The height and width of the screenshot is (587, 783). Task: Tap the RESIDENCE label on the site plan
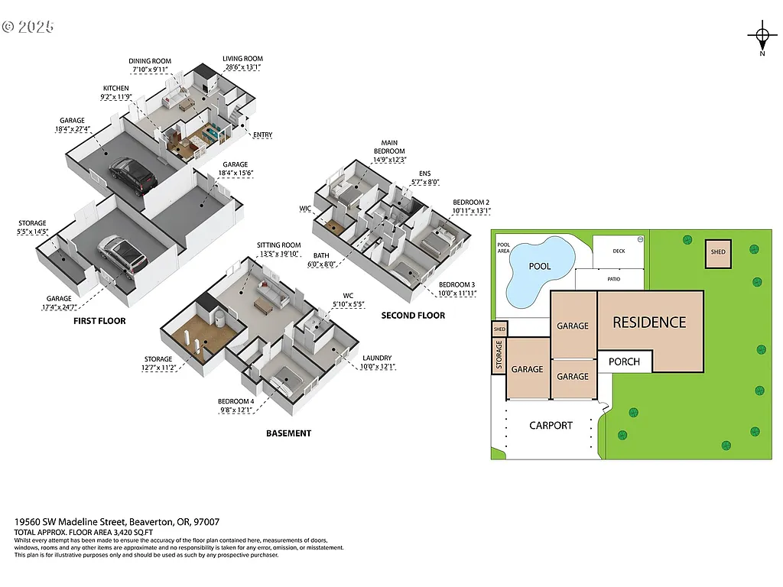(x=649, y=323)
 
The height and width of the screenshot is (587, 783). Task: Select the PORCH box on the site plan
(x=624, y=362)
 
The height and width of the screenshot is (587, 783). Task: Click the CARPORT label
(x=551, y=426)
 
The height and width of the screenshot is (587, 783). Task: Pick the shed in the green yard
(x=718, y=252)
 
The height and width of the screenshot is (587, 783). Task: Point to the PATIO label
(x=614, y=279)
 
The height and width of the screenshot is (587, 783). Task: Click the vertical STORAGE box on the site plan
(x=499, y=355)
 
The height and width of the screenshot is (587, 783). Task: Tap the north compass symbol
(x=762, y=37)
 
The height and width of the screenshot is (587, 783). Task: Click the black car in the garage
(x=133, y=175)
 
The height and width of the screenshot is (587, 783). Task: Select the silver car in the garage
(x=122, y=255)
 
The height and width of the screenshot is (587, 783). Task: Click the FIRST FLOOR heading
(x=99, y=321)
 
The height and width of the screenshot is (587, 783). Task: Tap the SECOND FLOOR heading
(x=413, y=315)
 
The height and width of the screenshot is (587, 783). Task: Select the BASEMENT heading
(x=288, y=433)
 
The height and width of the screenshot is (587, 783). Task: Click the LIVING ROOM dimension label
(x=242, y=63)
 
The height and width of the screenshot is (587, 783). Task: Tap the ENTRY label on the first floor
(x=262, y=135)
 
